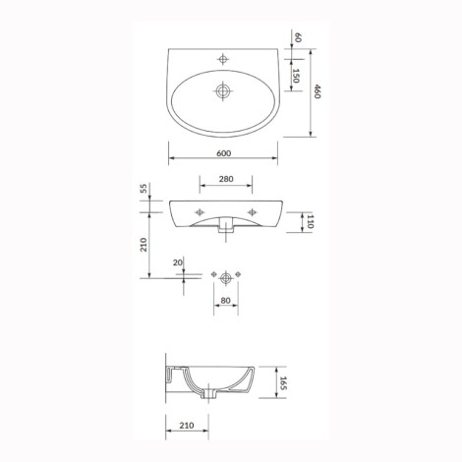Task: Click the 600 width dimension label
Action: click(224, 153)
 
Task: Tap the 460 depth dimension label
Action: click(317, 91)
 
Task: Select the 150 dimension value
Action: click(296, 76)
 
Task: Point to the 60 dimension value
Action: click(298, 37)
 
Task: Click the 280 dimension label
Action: click(226, 179)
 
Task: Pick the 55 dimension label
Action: click(144, 189)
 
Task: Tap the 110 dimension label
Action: click(310, 222)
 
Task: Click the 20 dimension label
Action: click(178, 262)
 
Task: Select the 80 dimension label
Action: click(226, 300)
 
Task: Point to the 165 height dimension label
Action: click(283, 383)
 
